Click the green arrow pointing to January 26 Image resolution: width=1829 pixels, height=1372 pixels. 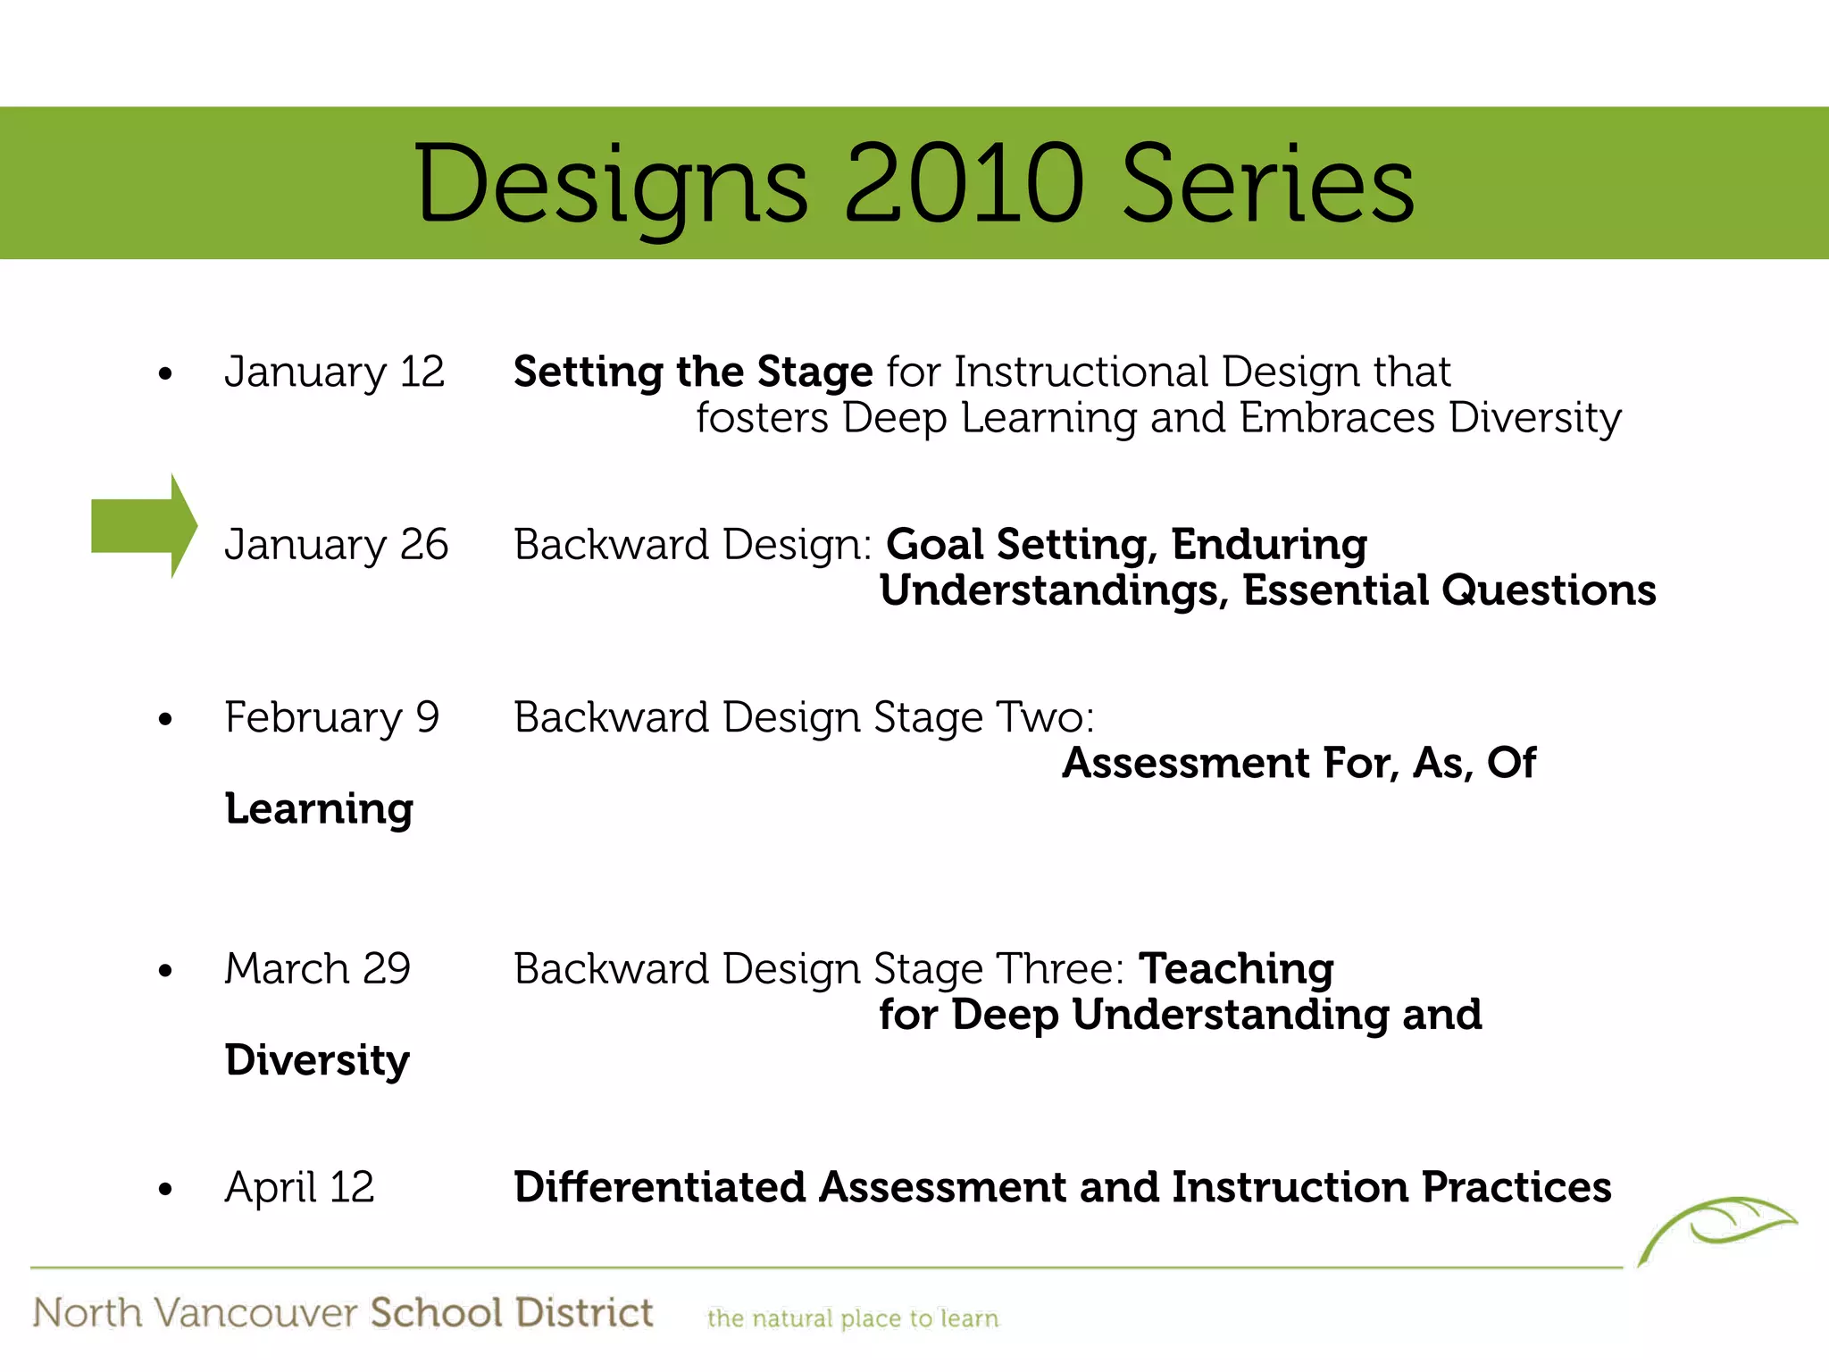point(143,527)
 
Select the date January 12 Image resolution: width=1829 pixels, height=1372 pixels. point(334,372)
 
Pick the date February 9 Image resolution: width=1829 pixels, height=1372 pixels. point(331,717)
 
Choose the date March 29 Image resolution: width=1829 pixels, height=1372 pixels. point(317,969)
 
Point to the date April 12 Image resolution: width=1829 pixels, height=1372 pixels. point(299,1188)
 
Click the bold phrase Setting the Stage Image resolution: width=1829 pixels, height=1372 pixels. point(692,372)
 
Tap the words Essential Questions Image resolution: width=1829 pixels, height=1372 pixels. point(1449,590)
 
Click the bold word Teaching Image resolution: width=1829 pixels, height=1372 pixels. point(1236,969)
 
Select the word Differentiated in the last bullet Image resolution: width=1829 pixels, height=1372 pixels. point(659,1187)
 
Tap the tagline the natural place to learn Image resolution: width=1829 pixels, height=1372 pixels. point(852,1318)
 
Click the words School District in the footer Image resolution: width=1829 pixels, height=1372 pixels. point(511,1313)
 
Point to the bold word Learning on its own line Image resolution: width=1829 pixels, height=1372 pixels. point(319,809)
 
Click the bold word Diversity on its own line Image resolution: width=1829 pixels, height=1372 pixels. point(317,1060)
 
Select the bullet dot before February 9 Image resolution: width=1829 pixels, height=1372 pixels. point(165,719)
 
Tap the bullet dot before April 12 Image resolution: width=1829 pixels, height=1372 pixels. point(165,1189)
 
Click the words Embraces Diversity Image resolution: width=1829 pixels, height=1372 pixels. point(1430,418)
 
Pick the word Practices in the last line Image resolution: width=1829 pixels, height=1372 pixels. point(1516,1187)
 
